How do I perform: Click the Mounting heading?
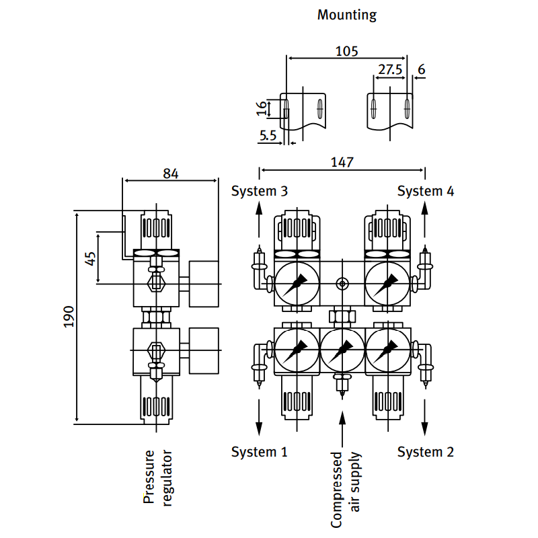347,15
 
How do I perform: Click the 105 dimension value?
347,51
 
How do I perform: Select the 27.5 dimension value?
390,69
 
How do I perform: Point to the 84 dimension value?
171,174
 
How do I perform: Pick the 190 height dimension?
69,317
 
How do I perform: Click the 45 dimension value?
91,258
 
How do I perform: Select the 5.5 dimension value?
268,135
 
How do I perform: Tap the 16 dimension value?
262,108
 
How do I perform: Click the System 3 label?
260,191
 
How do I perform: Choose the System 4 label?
426,191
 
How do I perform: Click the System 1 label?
260,452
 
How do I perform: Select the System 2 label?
426,452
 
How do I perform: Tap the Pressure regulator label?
159,477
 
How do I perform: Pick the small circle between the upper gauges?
342,284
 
